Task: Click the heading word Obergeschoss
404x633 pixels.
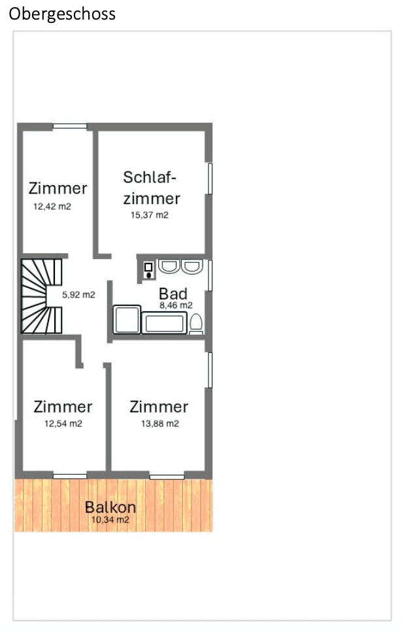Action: pyautogui.click(x=62, y=14)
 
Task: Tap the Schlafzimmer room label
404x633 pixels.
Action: pyautogui.click(x=151, y=187)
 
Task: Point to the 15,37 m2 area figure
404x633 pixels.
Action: pyautogui.click(x=150, y=215)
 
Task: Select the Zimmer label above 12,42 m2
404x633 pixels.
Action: pyautogui.click(x=58, y=188)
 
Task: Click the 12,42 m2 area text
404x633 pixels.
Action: pyautogui.click(x=52, y=206)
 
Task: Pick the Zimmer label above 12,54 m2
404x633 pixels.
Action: pyautogui.click(x=63, y=407)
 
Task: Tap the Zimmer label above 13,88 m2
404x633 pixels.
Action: pyautogui.click(x=159, y=407)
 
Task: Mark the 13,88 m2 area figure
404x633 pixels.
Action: pyautogui.click(x=160, y=424)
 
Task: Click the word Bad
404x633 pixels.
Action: pyautogui.click(x=173, y=294)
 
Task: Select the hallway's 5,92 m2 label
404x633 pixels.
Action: pyautogui.click(x=78, y=295)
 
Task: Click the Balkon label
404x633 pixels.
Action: pyautogui.click(x=110, y=507)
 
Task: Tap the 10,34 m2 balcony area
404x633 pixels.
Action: pyautogui.click(x=110, y=521)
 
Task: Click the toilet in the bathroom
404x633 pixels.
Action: pyautogui.click(x=195, y=323)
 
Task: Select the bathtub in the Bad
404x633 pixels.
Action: pyautogui.click(x=165, y=323)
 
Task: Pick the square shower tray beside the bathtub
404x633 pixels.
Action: pyautogui.click(x=127, y=320)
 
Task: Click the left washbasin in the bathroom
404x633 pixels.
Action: pyautogui.click(x=169, y=266)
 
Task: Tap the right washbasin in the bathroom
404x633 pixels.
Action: pyautogui.click(x=192, y=266)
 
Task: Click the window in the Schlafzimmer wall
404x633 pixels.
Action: pyautogui.click(x=210, y=178)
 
